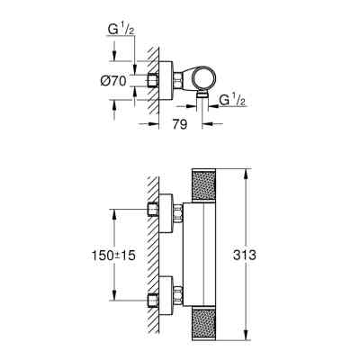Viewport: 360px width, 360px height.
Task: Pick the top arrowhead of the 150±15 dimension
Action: point(114,212)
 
